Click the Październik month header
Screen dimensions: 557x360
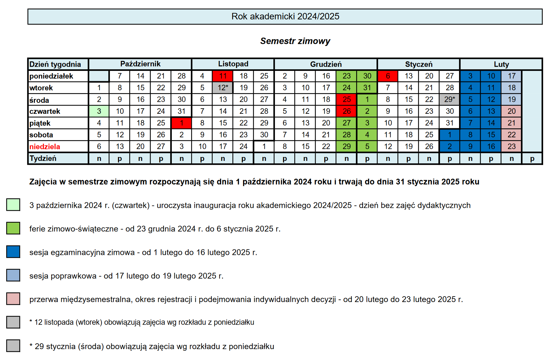tap(140, 64)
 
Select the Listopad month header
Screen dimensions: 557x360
tap(233, 64)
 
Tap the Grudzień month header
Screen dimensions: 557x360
tap(326, 64)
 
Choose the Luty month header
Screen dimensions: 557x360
tap(501, 64)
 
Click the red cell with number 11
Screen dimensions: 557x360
tap(223, 76)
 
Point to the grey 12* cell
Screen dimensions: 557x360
tap(223, 88)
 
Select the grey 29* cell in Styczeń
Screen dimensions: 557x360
tap(450, 99)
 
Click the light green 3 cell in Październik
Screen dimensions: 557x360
tap(99, 111)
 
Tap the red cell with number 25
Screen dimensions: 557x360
tap(347, 99)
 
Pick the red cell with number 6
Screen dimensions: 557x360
tap(388, 76)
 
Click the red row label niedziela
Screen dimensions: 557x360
tap(45, 147)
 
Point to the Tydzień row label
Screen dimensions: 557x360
tap(43, 158)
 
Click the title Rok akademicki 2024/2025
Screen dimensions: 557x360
tap(285, 16)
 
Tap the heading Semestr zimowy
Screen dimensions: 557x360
tap(295, 41)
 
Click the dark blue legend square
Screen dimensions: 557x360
tap(13, 252)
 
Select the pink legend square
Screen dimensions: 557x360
tap(13, 299)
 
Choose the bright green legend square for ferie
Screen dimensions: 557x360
tap(13, 228)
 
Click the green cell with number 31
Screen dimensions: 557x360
tap(367, 88)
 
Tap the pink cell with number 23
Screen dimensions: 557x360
tap(512, 146)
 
